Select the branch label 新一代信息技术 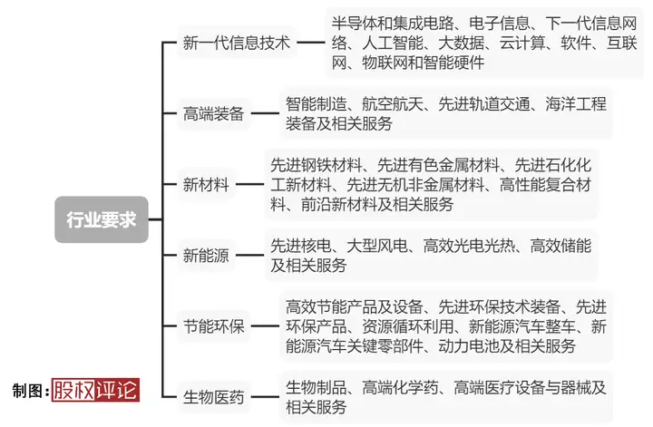pyautogui.click(x=237, y=43)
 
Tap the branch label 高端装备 pyautogui.click(x=214, y=113)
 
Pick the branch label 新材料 pyautogui.click(x=206, y=184)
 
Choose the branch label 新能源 pyautogui.click(x=206, y=255)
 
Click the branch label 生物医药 pyautogui.click(x=214, y=396)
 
